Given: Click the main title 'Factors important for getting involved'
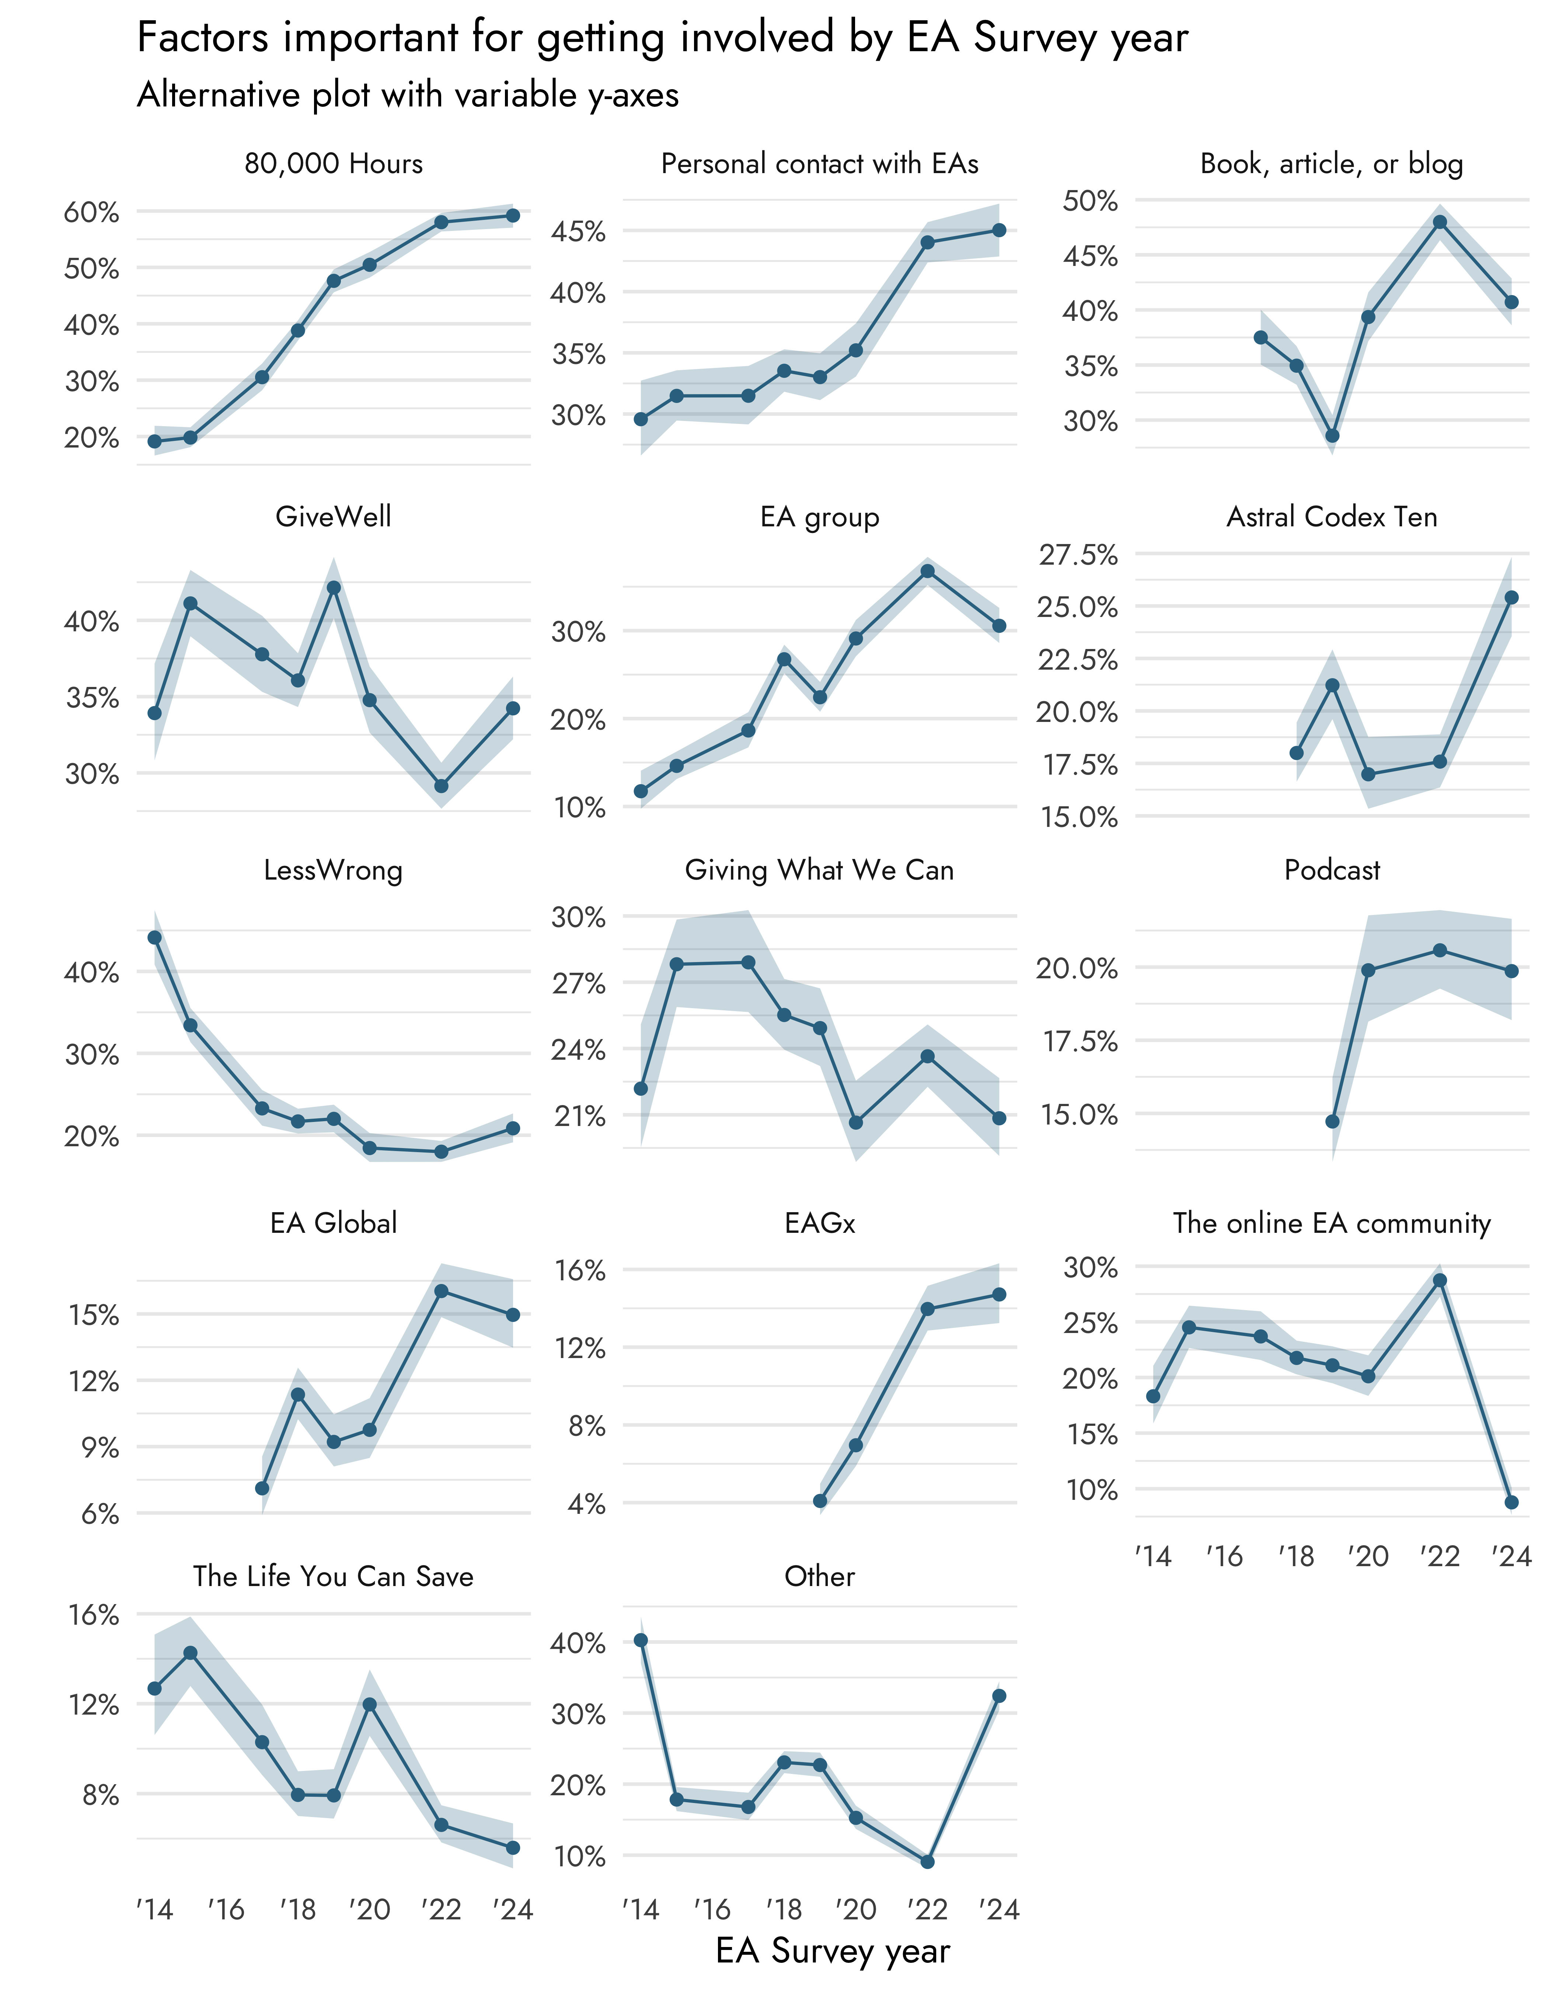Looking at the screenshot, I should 662,38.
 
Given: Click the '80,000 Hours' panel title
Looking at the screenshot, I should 334,164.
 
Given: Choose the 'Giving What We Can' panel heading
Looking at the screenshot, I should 819,871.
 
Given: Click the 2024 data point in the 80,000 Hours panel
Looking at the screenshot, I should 513,215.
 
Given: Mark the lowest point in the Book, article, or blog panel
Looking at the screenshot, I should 1332,435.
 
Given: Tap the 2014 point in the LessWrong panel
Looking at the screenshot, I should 155,937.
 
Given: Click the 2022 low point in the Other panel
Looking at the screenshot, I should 928,1862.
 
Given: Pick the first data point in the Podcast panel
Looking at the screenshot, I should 1332,1121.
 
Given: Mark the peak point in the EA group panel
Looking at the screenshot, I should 928,571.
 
